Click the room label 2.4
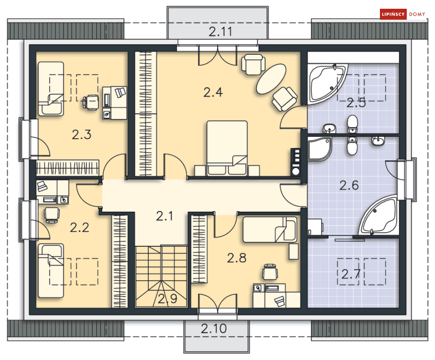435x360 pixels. pyautogui.click(x=213, y=92)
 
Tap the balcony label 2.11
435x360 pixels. pyautogui.click(x=219, y=31)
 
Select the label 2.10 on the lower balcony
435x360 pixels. pyautogui.click(x=214, y=329)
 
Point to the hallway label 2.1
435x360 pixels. pyautogui.click(x=165, y=216)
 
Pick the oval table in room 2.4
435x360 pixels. pyautogui.click(x=271, y=79)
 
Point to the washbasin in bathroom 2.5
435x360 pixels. pyautogui.click(x=329, y=128)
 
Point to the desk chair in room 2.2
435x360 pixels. pyautogui.click(x=52, y=214)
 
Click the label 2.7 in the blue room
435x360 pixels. pyautogui.click(x=350, y=275)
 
